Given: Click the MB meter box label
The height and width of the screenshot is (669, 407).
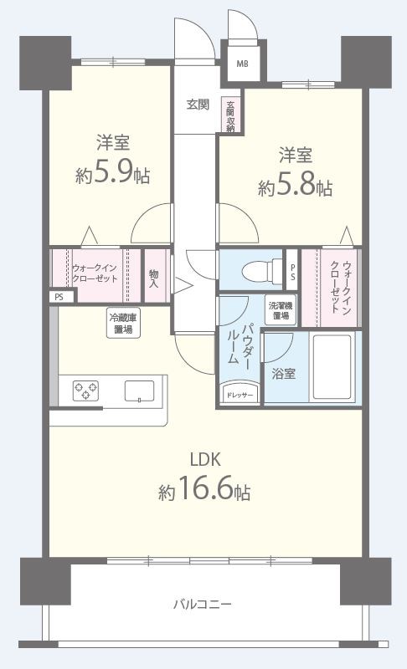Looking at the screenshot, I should [241, 64].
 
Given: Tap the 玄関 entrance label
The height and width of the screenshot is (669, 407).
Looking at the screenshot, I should [198, 105].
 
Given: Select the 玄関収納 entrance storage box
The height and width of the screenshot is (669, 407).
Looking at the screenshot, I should [229, 116].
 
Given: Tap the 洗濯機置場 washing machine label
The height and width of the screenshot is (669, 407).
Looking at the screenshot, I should [279, 310].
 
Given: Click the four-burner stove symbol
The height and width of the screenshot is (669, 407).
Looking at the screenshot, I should [85, 391].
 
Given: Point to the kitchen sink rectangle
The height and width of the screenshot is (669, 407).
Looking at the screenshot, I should [140, 391].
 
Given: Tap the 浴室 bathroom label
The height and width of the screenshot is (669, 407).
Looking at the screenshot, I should [283, 374].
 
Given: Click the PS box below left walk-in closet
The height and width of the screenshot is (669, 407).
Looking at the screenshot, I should [58, 296].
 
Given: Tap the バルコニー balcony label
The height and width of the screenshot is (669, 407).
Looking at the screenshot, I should [203, 603].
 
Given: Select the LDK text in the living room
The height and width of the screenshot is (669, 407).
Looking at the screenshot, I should [203, 459].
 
